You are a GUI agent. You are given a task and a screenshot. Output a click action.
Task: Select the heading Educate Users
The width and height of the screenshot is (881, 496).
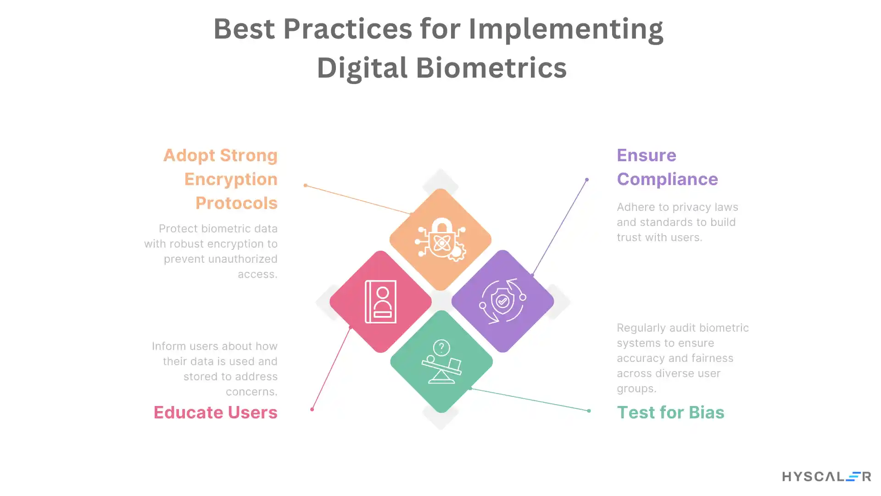(215, 412)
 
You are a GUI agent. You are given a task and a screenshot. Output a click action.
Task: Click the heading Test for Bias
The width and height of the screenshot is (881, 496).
(670, 412)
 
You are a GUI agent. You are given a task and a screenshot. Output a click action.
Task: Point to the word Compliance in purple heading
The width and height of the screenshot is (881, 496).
(667, 179)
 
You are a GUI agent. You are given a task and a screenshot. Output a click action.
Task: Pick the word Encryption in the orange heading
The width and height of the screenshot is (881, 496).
(231, 179)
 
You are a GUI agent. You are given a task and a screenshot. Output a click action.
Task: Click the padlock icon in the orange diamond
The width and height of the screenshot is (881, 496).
(440, 239)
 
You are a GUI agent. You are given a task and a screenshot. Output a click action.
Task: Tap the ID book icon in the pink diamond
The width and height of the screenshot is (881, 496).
(380, 302)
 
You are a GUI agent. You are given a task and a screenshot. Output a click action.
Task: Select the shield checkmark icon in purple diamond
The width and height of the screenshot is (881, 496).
(502, 301)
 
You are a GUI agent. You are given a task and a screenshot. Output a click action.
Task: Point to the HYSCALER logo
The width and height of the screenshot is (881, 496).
(826, 477)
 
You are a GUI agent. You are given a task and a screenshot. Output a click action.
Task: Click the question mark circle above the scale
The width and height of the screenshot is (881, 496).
(441, 348)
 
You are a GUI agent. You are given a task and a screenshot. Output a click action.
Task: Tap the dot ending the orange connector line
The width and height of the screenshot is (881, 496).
(306, 186)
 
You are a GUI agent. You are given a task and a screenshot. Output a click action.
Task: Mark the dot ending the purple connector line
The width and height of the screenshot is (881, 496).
(587, 180)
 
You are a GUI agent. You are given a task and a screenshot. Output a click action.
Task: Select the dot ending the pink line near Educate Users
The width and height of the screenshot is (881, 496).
(312, 409)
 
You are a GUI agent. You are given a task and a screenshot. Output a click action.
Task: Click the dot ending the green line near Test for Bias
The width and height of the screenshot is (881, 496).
(589, 411)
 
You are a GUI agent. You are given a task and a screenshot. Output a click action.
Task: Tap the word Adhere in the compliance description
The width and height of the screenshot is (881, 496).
(631, 207)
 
